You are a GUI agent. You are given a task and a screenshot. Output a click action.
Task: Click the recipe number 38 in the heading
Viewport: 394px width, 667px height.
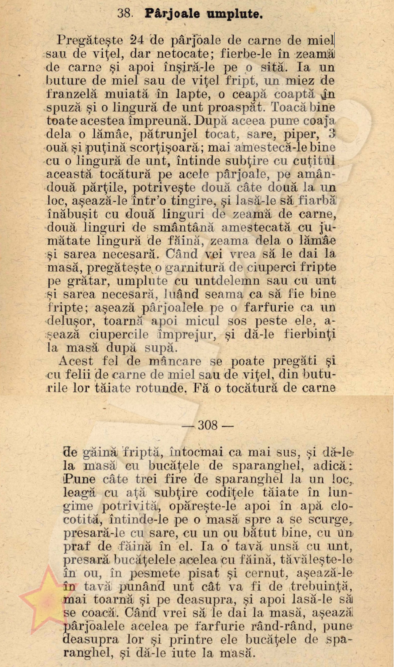point(125,13)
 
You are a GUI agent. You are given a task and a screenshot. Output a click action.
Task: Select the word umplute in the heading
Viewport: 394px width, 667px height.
point(234,14)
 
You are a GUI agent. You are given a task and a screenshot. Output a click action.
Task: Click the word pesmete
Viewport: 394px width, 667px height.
point(154,573)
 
